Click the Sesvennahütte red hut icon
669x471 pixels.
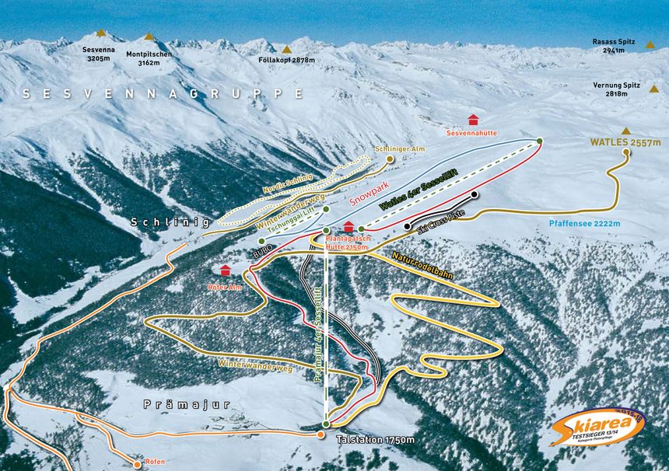pyautogui.click(x=472, y=119)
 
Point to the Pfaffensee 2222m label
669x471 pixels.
pyautogui.click(x=584, y=224)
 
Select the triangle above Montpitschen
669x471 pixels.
pyautogui.click(x=149, y=37)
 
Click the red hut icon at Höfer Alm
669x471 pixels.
pyautogui.click(x=226, y=270)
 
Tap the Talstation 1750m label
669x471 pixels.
pyautogui.click(x=375, y=440)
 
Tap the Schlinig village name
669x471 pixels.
pyautogui.click(x=170, y=222)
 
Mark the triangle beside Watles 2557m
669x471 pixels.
pyautogui.click(x=626, y=131)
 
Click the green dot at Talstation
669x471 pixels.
pyautogui.click(x=326, y=424)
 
